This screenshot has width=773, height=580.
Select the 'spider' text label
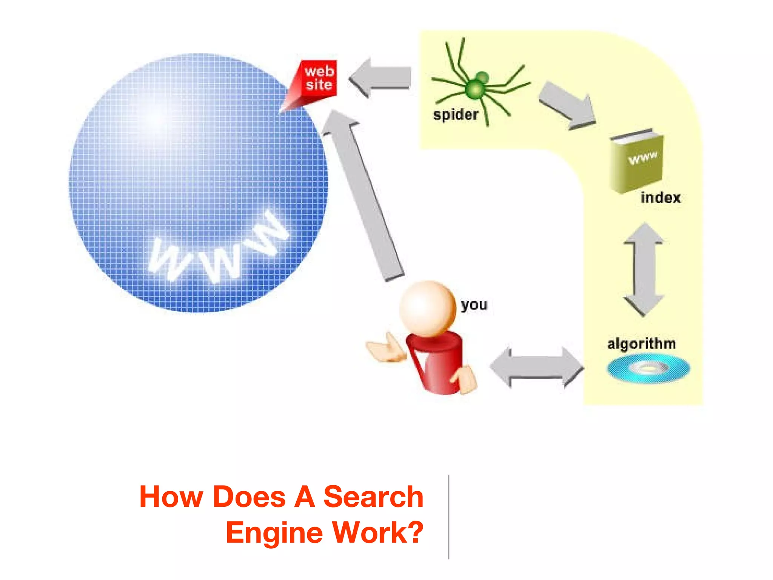(456, 114)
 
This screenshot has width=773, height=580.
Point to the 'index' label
(660, 197)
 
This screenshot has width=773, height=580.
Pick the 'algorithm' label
(641, 344)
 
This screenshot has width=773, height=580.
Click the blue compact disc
(648, 368)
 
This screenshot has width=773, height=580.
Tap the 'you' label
(474, 304)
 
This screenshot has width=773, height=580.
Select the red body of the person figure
(438, 362)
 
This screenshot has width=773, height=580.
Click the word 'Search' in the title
(373, 497)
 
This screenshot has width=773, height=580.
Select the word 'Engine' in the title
(273, 532)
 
